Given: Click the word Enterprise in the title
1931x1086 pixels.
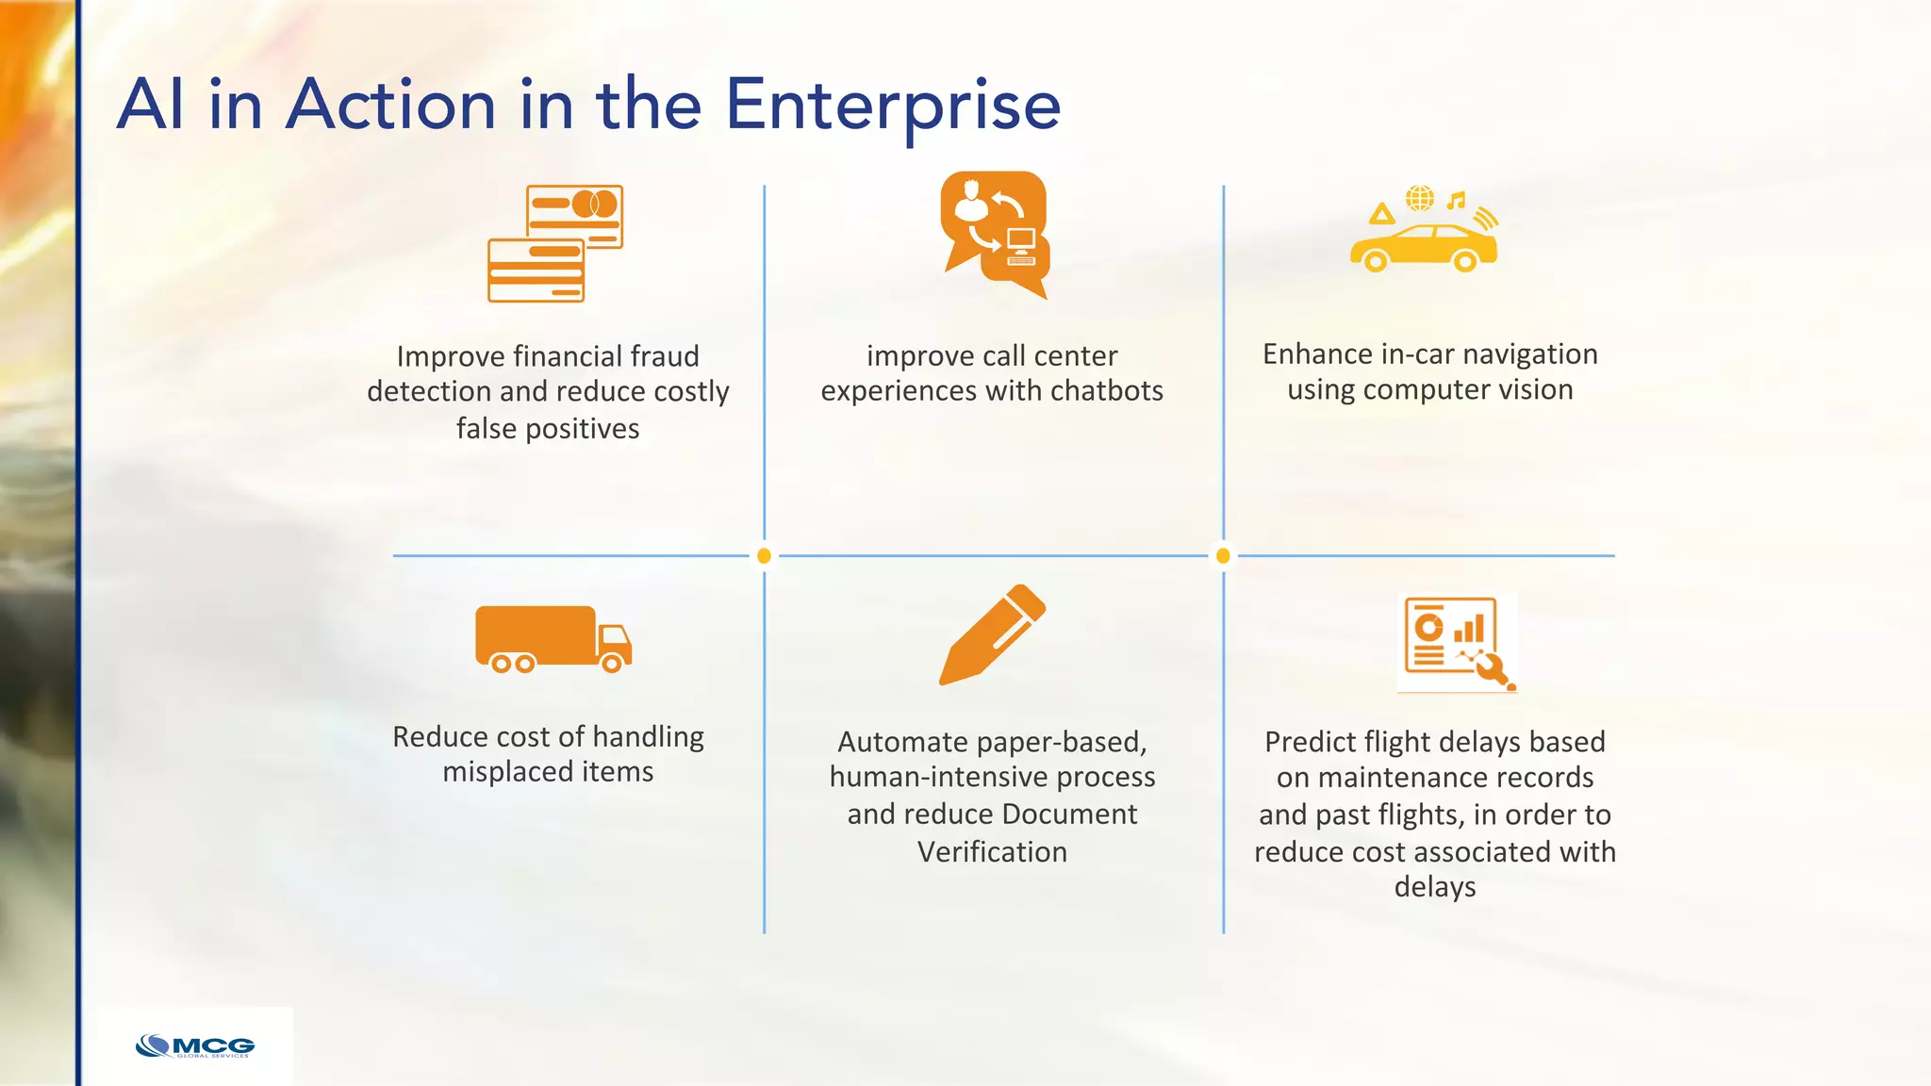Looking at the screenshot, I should [x=892, y=106].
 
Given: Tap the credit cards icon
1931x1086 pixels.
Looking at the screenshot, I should [x=555, y=243].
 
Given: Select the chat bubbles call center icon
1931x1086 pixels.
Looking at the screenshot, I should [x=995, y=234].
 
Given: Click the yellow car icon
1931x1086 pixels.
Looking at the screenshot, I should [x=1423, y=247].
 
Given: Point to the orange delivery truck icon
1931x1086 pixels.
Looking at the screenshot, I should [x=553, y=639].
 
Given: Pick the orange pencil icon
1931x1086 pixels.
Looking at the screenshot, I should [x=992, y=634].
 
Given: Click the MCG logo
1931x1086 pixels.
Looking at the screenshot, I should [x=195, y=1046].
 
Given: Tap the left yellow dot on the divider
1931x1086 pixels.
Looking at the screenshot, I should [x=764, y=556].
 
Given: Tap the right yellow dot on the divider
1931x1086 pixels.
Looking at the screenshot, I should [x=1223, y=556].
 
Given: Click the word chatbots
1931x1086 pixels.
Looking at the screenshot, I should [x=1107, y=391].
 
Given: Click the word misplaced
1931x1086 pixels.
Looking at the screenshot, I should [x=507, y=772].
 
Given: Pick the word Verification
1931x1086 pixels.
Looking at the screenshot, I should [x=992, y=852].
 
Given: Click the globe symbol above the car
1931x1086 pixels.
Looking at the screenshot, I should [x=1420, y=198].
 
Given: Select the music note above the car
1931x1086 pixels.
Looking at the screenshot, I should [x=1457, y=200].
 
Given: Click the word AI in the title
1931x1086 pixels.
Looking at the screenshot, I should [x=150, y=105].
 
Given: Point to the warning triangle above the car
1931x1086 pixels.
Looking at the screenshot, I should [x=1382, y=214].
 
